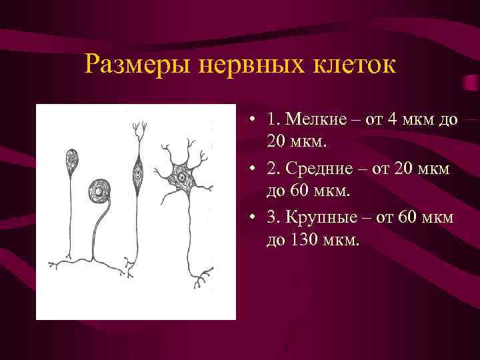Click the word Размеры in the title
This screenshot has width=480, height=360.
[133, 65]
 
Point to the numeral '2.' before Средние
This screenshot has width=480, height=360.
[273, 169]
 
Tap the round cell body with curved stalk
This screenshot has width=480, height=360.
[99, 192]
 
